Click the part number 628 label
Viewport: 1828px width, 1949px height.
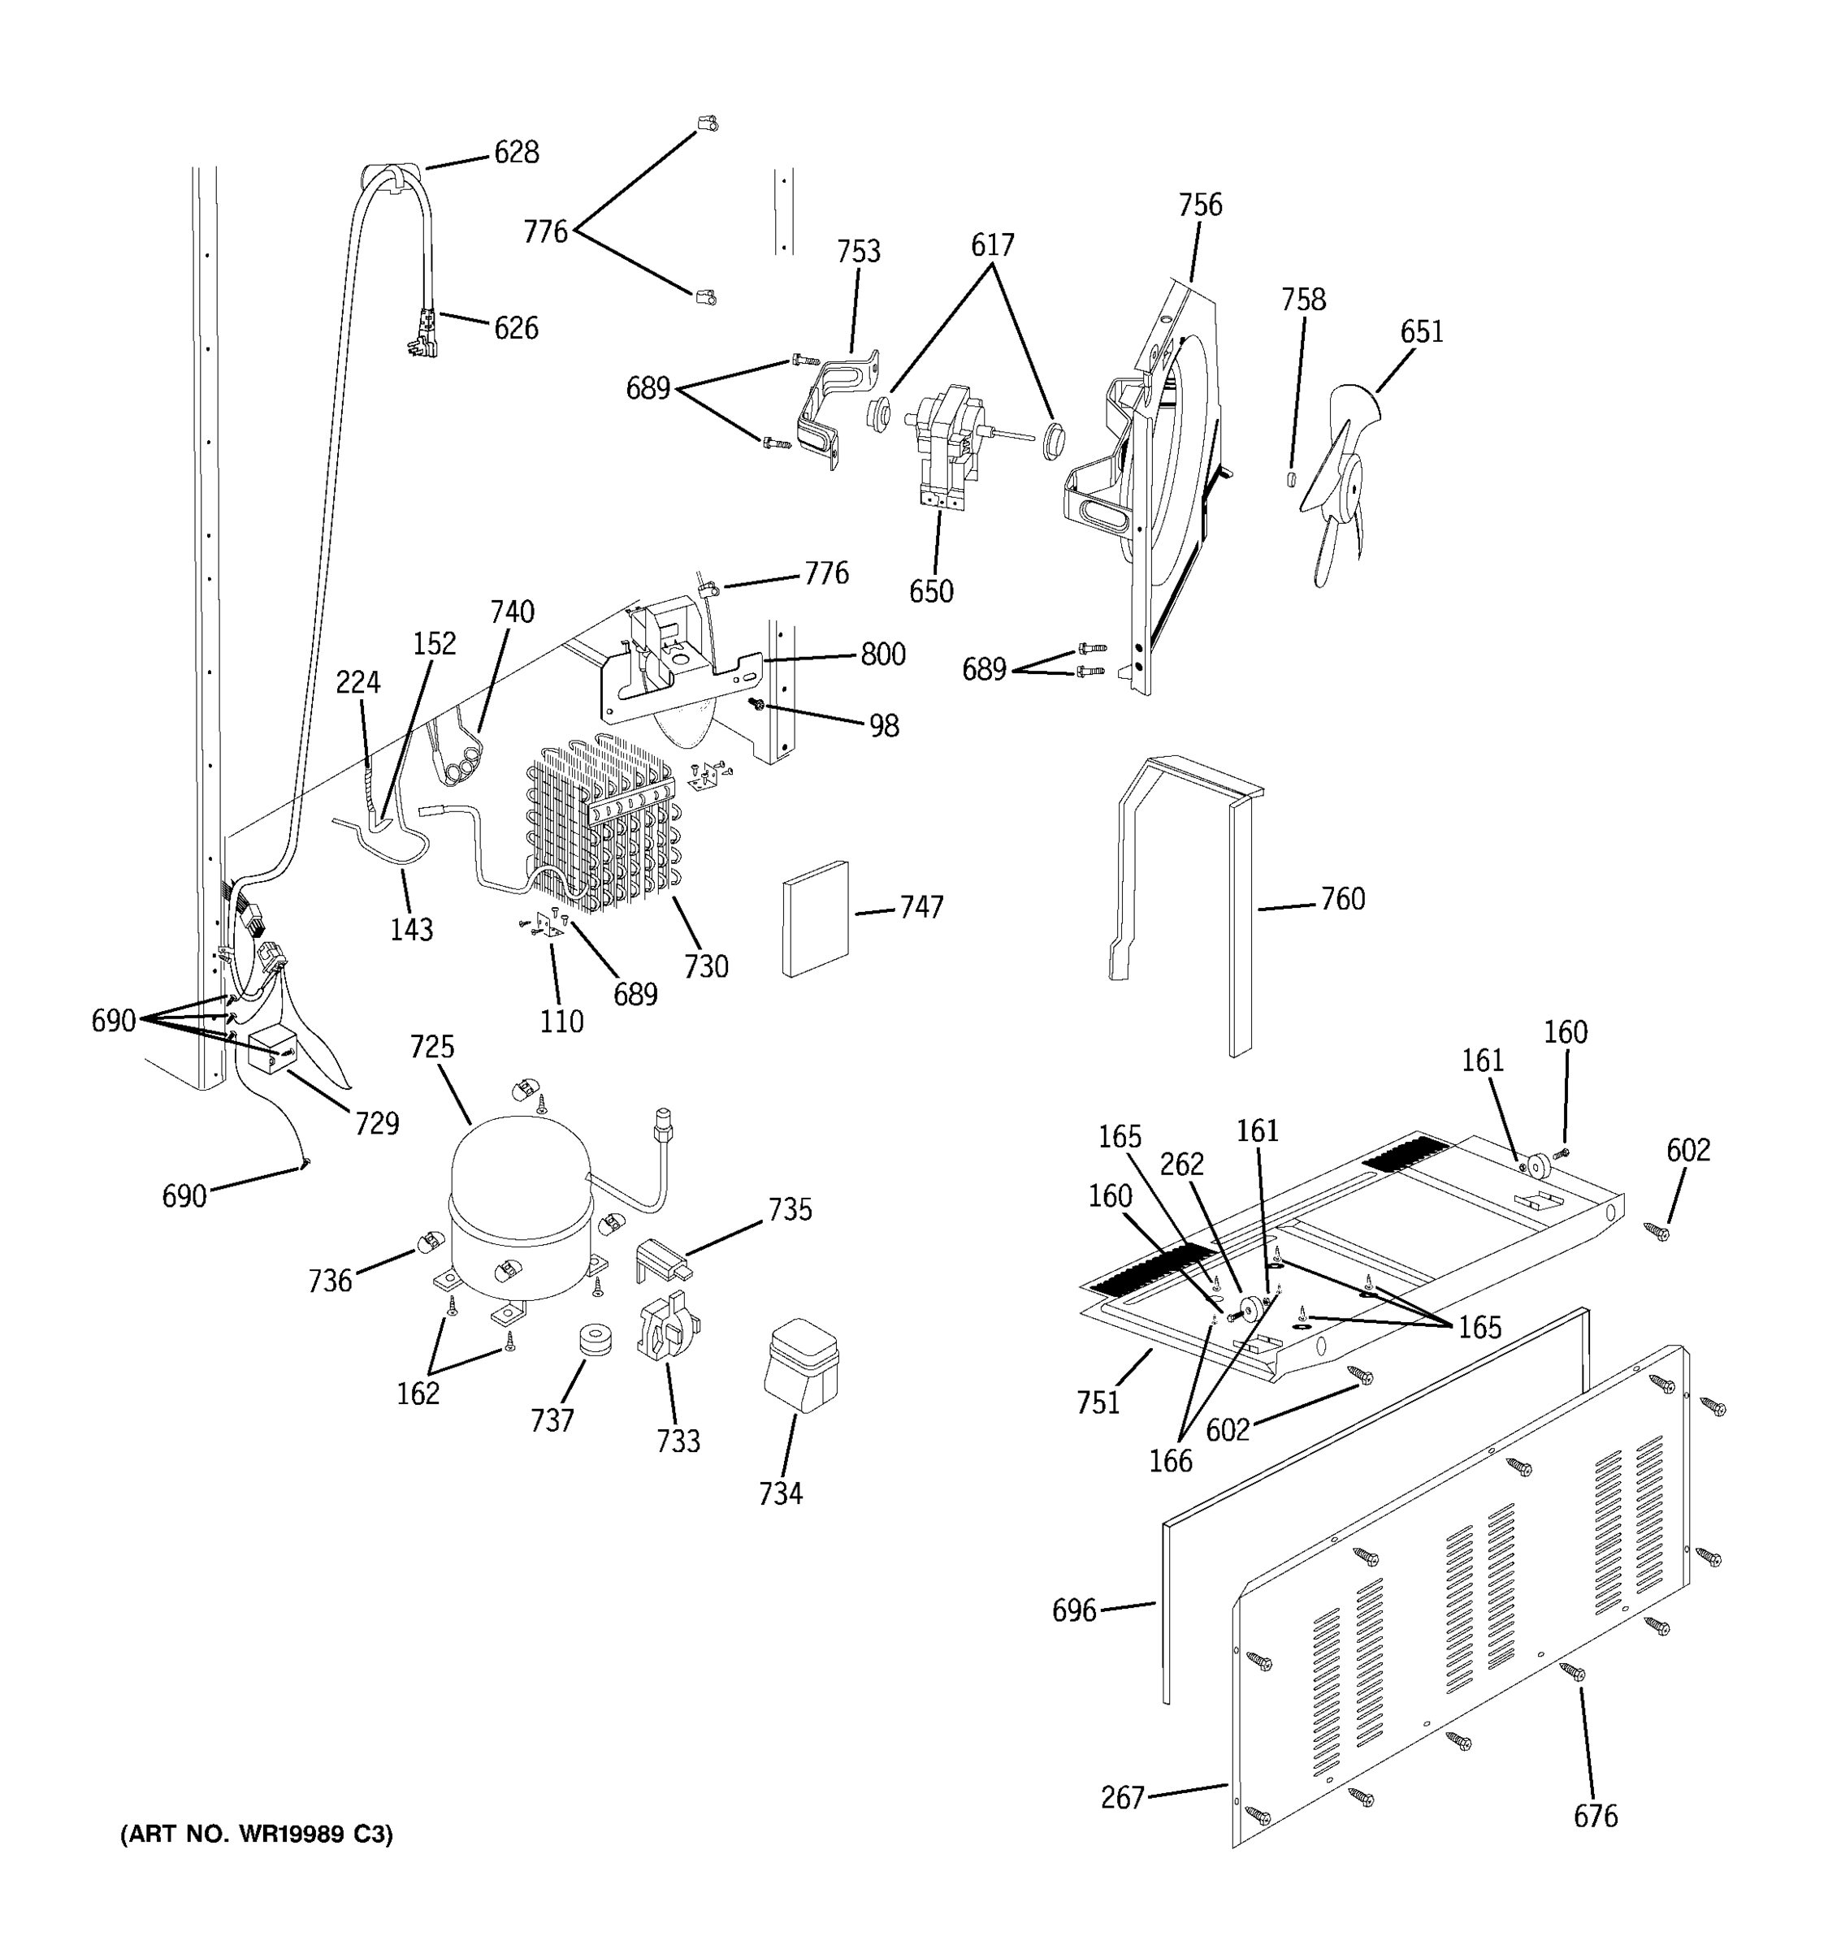point(516,153)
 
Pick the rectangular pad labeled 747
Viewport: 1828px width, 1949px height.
point(815,918)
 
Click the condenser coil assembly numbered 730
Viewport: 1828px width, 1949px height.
point(603,828)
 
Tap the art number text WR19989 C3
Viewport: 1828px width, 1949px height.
point(256,1835)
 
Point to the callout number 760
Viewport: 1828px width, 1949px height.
point(1341,899)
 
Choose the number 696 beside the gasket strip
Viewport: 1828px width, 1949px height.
point(1073,1611)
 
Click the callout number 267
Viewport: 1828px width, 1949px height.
point(1122,1797)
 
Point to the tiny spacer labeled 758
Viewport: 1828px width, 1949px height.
point(1292,478)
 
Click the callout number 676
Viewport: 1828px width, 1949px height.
point(1595,1817)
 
